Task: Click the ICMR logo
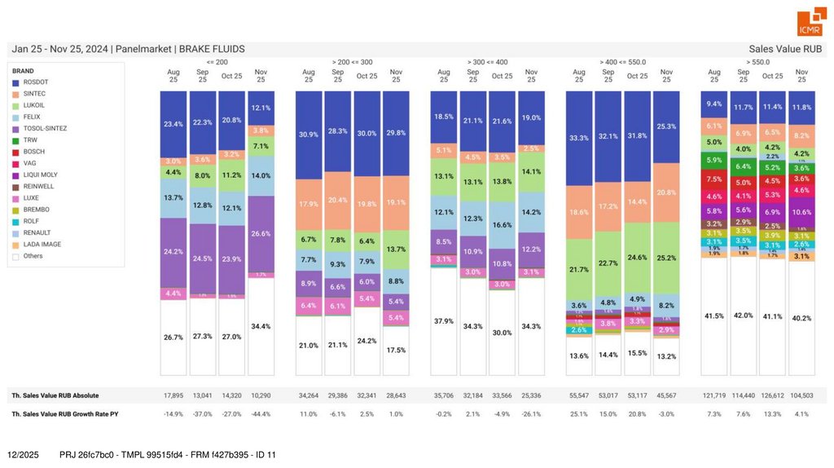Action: (810, 24)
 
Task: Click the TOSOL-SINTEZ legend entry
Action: (45, 129)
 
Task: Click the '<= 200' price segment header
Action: (217, 61)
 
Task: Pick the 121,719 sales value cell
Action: (714, 395)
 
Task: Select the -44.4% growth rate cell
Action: (261, 414)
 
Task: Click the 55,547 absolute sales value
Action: (579, 395)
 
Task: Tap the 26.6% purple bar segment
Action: (261, 233)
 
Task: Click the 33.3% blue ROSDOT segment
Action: (579, 138)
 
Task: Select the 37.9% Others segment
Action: (444, 321)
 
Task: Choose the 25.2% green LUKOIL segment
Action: (666, 258)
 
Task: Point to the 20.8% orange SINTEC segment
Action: (666, 192)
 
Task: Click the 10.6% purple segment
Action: (801, 212)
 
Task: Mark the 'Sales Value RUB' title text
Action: (786, 49)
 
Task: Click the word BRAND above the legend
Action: (23, 71)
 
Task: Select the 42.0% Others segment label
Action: (743, 315)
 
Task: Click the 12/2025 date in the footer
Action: (23, 454)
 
